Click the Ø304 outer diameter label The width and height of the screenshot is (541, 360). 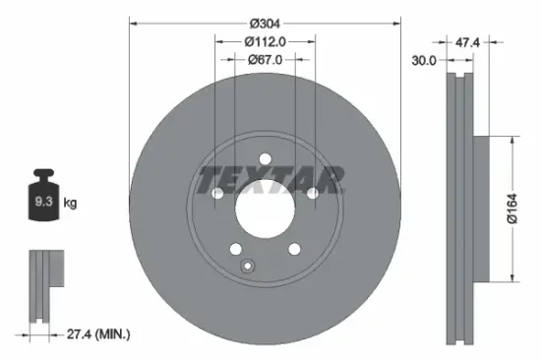265,23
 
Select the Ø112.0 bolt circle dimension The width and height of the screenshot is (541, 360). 265,41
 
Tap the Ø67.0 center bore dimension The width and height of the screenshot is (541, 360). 265,59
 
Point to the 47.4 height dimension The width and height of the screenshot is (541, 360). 468,42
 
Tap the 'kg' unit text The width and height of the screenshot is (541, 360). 70,204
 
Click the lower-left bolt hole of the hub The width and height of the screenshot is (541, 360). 235,250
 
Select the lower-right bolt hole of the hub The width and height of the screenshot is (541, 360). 294,250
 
